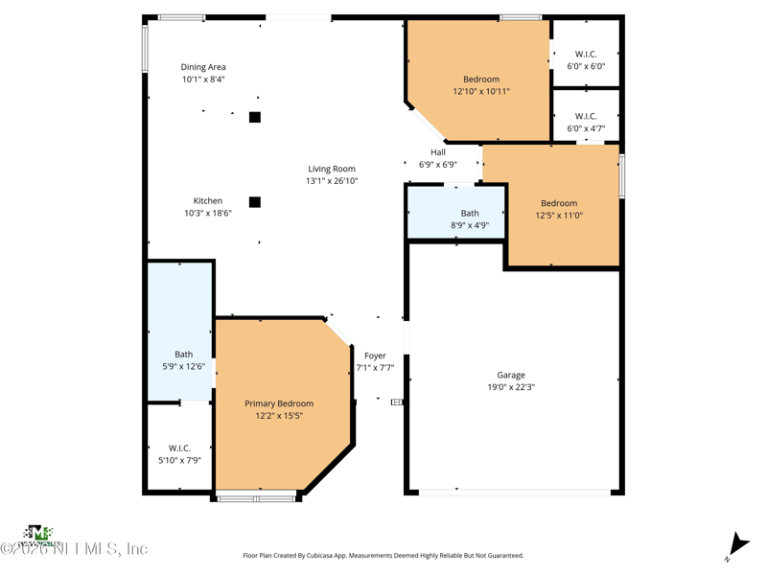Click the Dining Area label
click(203, 67)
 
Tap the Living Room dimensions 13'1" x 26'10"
click(332, 181)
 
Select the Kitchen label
click(208, 201)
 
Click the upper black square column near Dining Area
click(255, 117)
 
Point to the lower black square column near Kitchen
click(255, 202)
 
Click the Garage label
click(511, 375)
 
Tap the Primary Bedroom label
click(279, 403)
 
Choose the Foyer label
click(375, 356)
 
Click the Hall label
click(438, 152)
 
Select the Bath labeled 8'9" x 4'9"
click(470, 214)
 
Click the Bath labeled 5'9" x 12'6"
click(183, 355)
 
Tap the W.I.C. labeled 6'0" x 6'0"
click(586, 54)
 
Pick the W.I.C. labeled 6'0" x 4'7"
click(586, 116)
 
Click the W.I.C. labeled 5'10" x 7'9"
click(179, 448)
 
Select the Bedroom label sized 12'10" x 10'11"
click(481, 80)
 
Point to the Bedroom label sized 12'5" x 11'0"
click(559, 203)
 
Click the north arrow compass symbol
click(734, 544)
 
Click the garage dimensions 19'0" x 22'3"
click(511, 387)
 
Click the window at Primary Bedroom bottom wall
click(256, 496)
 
